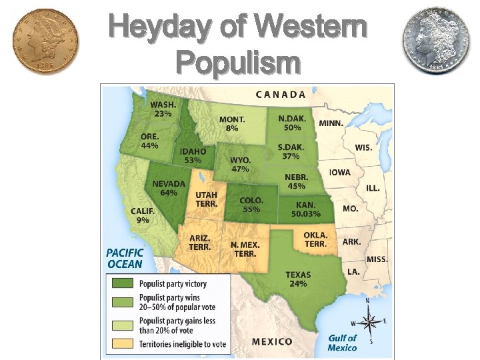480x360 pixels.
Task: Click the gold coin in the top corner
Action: (45, 42)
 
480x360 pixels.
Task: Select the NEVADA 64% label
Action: (169, 188)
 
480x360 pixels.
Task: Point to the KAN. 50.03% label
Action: (305, 209)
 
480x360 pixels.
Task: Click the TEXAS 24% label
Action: (297, 279)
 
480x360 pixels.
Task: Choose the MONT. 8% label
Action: (232, 124)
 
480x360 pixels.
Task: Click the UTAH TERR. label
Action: (206, 199)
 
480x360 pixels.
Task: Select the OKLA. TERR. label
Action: (315, 239)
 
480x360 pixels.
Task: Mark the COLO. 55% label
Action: (251, 204)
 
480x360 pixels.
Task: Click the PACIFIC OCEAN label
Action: (125, 259)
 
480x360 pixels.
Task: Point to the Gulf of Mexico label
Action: (342, 343)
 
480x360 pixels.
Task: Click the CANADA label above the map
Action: (281, 95)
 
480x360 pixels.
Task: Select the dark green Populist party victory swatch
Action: (122, 284)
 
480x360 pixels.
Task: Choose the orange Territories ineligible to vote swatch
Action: (122, 343)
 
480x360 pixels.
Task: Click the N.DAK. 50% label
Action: (291, 123)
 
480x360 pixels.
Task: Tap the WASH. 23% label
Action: (163, 109)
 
